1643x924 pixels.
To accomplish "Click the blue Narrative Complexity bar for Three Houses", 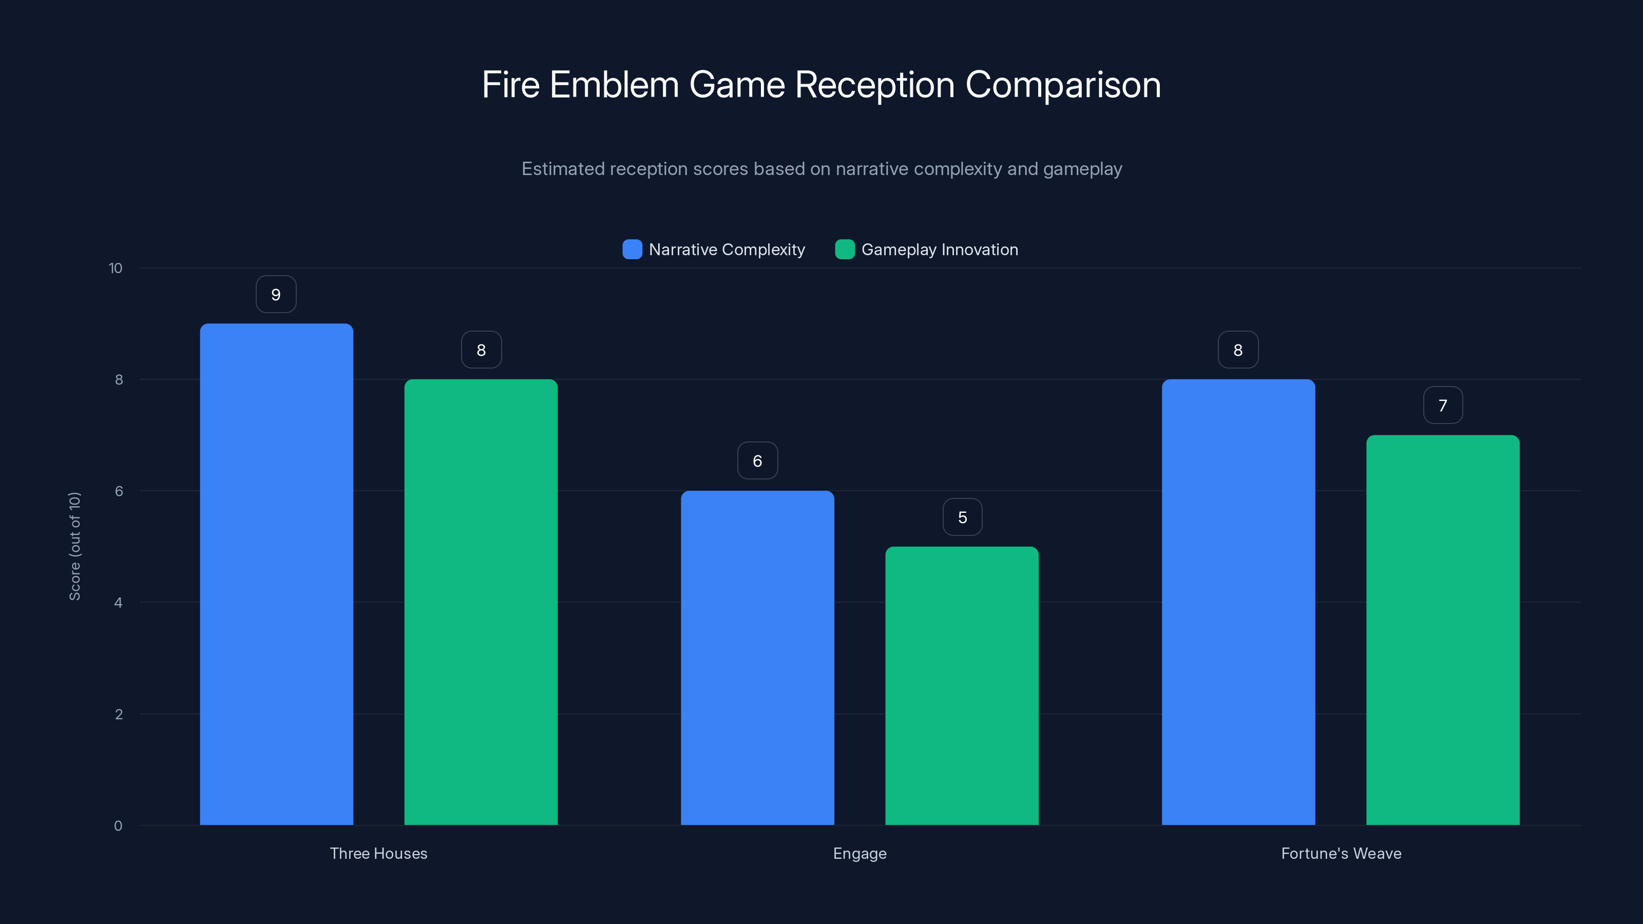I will [x=276, y=574].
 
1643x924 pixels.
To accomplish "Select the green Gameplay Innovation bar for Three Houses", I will [x=481, y=602].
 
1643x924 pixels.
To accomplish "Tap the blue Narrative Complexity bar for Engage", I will [x=757, y=658].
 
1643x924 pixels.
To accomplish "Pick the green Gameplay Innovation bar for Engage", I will [x=962, y=685].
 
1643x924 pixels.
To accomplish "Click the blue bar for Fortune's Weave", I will [x=1238, y=602].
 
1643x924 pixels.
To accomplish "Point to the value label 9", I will [x=276, y=295].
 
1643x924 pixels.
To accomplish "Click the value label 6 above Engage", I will [x=757, y=461].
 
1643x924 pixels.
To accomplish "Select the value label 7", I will [x=1443, y=406].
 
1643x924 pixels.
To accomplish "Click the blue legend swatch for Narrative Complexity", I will [x=632, y=249].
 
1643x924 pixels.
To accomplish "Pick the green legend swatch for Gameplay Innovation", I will [x=845, y=249].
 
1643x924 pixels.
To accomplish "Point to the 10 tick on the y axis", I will [x=116, y=268].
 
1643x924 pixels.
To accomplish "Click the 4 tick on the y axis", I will [x=118, y=603].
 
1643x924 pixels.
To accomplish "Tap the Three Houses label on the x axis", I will [x=378, y=853].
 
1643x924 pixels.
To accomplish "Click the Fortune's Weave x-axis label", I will [x=1341, y=853].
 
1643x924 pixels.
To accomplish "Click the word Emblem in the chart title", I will [x=614, y=85].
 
